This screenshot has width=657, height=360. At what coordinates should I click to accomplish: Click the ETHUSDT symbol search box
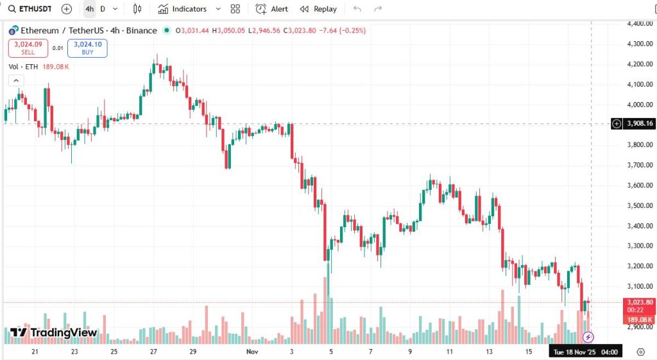click(28, 9)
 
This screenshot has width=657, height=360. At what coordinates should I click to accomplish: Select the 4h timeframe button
click(89, 9)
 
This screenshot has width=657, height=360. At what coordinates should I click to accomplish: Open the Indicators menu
click(183, 9)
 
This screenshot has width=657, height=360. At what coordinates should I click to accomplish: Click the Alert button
click(272, 9)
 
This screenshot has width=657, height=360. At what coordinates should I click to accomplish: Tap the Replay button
click(318, 9)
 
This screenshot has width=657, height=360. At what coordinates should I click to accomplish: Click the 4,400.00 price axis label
click(639, 24)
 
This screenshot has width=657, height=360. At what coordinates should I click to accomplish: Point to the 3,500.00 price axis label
click(639, 206)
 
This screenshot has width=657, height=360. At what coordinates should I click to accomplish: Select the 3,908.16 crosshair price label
click(638, 123)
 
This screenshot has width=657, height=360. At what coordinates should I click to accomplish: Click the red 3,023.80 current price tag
click(640, 302)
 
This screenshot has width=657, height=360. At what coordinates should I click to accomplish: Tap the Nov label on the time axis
click(252, 352)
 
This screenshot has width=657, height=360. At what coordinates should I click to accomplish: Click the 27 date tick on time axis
click(154, 352)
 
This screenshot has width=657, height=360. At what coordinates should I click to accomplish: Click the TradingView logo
click(54, 332)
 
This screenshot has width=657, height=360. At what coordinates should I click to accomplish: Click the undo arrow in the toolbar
click(357, 9)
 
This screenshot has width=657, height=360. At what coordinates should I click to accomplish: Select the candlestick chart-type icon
click(137, 9)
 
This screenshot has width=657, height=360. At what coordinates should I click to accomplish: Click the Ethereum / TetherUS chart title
click(89, 31)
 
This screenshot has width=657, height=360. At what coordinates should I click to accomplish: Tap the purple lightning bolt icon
click(588, 337)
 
